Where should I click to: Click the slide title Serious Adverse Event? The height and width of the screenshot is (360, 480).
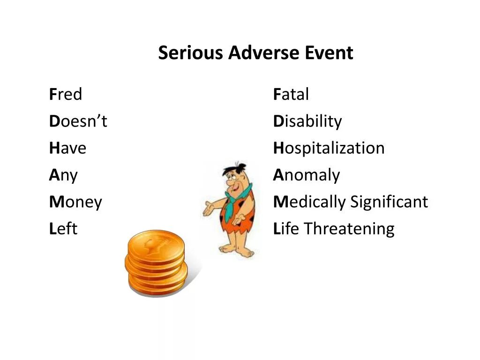(255, 53)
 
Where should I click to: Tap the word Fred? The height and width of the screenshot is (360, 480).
(66, 95)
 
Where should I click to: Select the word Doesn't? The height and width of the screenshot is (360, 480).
(78, 121)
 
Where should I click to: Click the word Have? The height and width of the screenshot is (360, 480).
(68, 149)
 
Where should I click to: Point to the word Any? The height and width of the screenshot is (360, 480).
(63, 176)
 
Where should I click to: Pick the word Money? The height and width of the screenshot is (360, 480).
(75, 202)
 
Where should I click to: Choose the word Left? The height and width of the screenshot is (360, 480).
(63, 229)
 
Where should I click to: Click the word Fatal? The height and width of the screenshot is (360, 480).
(291, 95)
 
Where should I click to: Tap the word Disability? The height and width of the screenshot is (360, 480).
(307, 121)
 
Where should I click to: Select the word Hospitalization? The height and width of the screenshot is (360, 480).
(329, 149)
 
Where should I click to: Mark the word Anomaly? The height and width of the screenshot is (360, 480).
(307, 176)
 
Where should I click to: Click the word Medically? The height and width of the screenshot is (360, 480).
(310, 202)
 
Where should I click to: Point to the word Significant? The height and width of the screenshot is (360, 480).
(389, 202)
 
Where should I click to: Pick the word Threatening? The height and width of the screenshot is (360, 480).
(349, 229)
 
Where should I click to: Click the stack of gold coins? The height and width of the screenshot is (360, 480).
(156, 262)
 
